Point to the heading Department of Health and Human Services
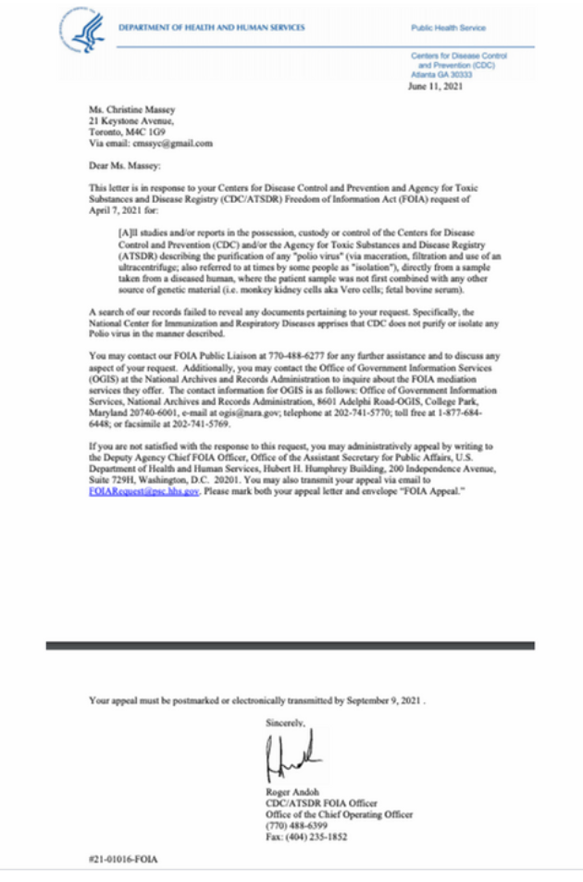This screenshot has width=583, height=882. (211, 28)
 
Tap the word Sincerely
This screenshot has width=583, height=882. (285, 719)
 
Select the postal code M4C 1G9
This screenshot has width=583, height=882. (160, 132)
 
